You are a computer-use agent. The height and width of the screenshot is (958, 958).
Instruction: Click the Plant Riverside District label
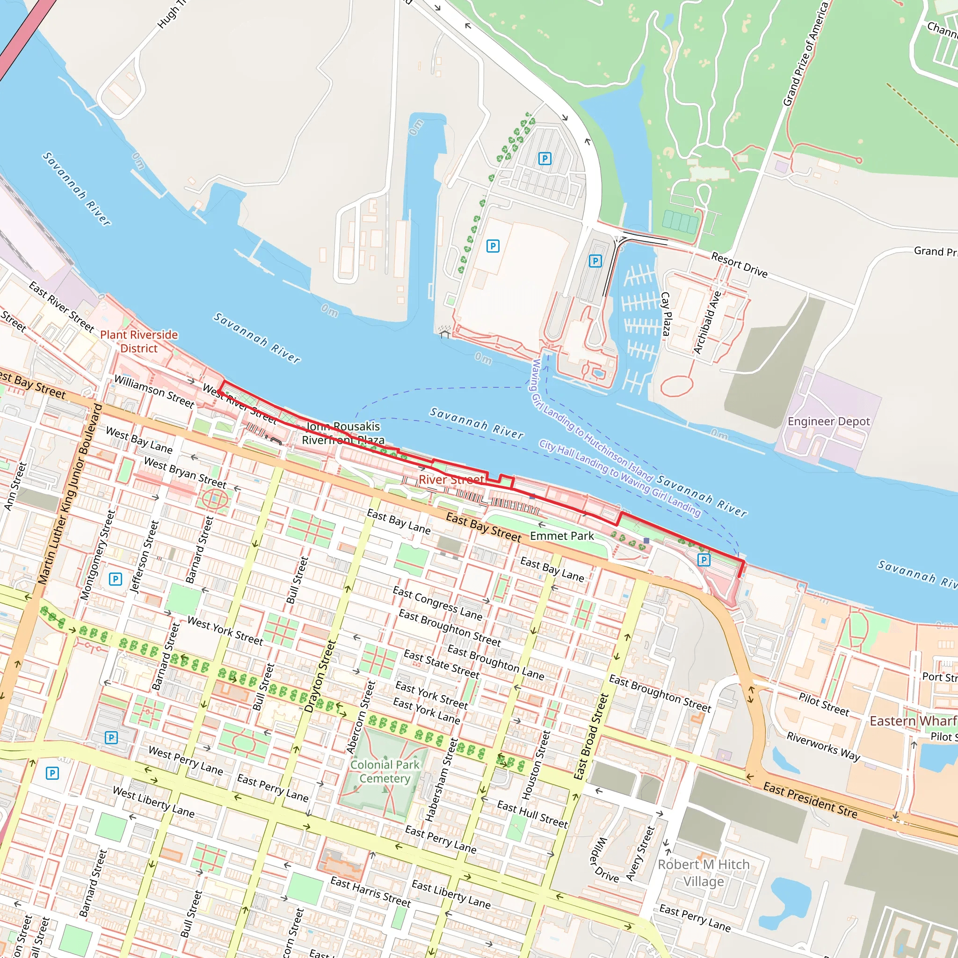139,341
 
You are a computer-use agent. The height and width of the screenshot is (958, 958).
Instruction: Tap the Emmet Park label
562,536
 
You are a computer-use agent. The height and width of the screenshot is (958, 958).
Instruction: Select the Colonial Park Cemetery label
385,771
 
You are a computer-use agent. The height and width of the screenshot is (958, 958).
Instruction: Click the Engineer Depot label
828,421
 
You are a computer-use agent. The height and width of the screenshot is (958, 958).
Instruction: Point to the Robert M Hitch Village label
703,873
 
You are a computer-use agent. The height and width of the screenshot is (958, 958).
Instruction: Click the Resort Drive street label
739,264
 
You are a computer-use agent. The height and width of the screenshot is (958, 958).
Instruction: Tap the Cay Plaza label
667,313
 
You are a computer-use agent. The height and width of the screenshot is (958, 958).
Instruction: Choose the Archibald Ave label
707,322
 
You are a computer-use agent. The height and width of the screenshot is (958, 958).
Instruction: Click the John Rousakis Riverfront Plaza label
343,433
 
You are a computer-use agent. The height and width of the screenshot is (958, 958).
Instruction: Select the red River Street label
451,479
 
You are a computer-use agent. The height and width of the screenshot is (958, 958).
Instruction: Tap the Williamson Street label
154,391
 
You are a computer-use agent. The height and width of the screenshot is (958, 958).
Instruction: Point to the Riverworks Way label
823,746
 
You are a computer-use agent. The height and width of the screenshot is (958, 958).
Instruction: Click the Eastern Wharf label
912,720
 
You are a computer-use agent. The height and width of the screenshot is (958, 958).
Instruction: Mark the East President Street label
810,799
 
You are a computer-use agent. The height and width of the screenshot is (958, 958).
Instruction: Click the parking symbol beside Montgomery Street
116,579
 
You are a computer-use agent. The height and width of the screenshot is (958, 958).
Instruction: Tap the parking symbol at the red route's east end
704,560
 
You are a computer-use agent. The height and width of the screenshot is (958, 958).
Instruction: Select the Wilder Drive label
604,860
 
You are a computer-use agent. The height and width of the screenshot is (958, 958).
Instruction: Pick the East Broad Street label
591,736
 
